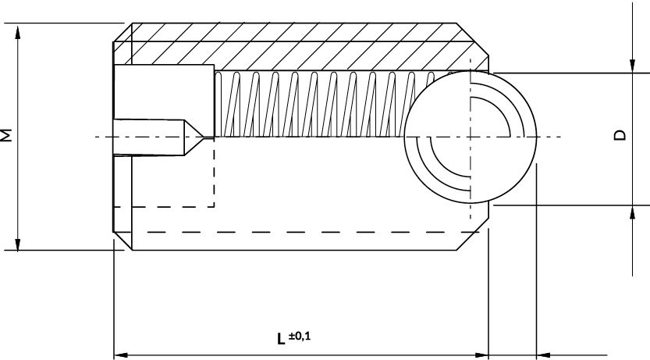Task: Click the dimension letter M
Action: (x=8, y=135)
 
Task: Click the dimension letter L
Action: (x=280, y=339)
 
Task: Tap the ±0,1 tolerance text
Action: (x=300, y=336)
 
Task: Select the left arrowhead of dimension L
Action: (x=120, y=355)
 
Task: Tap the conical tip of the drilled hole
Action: (x=199, y=137)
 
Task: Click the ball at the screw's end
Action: (x=471, y=137)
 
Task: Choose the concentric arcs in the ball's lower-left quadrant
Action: (x=437, y=168)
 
